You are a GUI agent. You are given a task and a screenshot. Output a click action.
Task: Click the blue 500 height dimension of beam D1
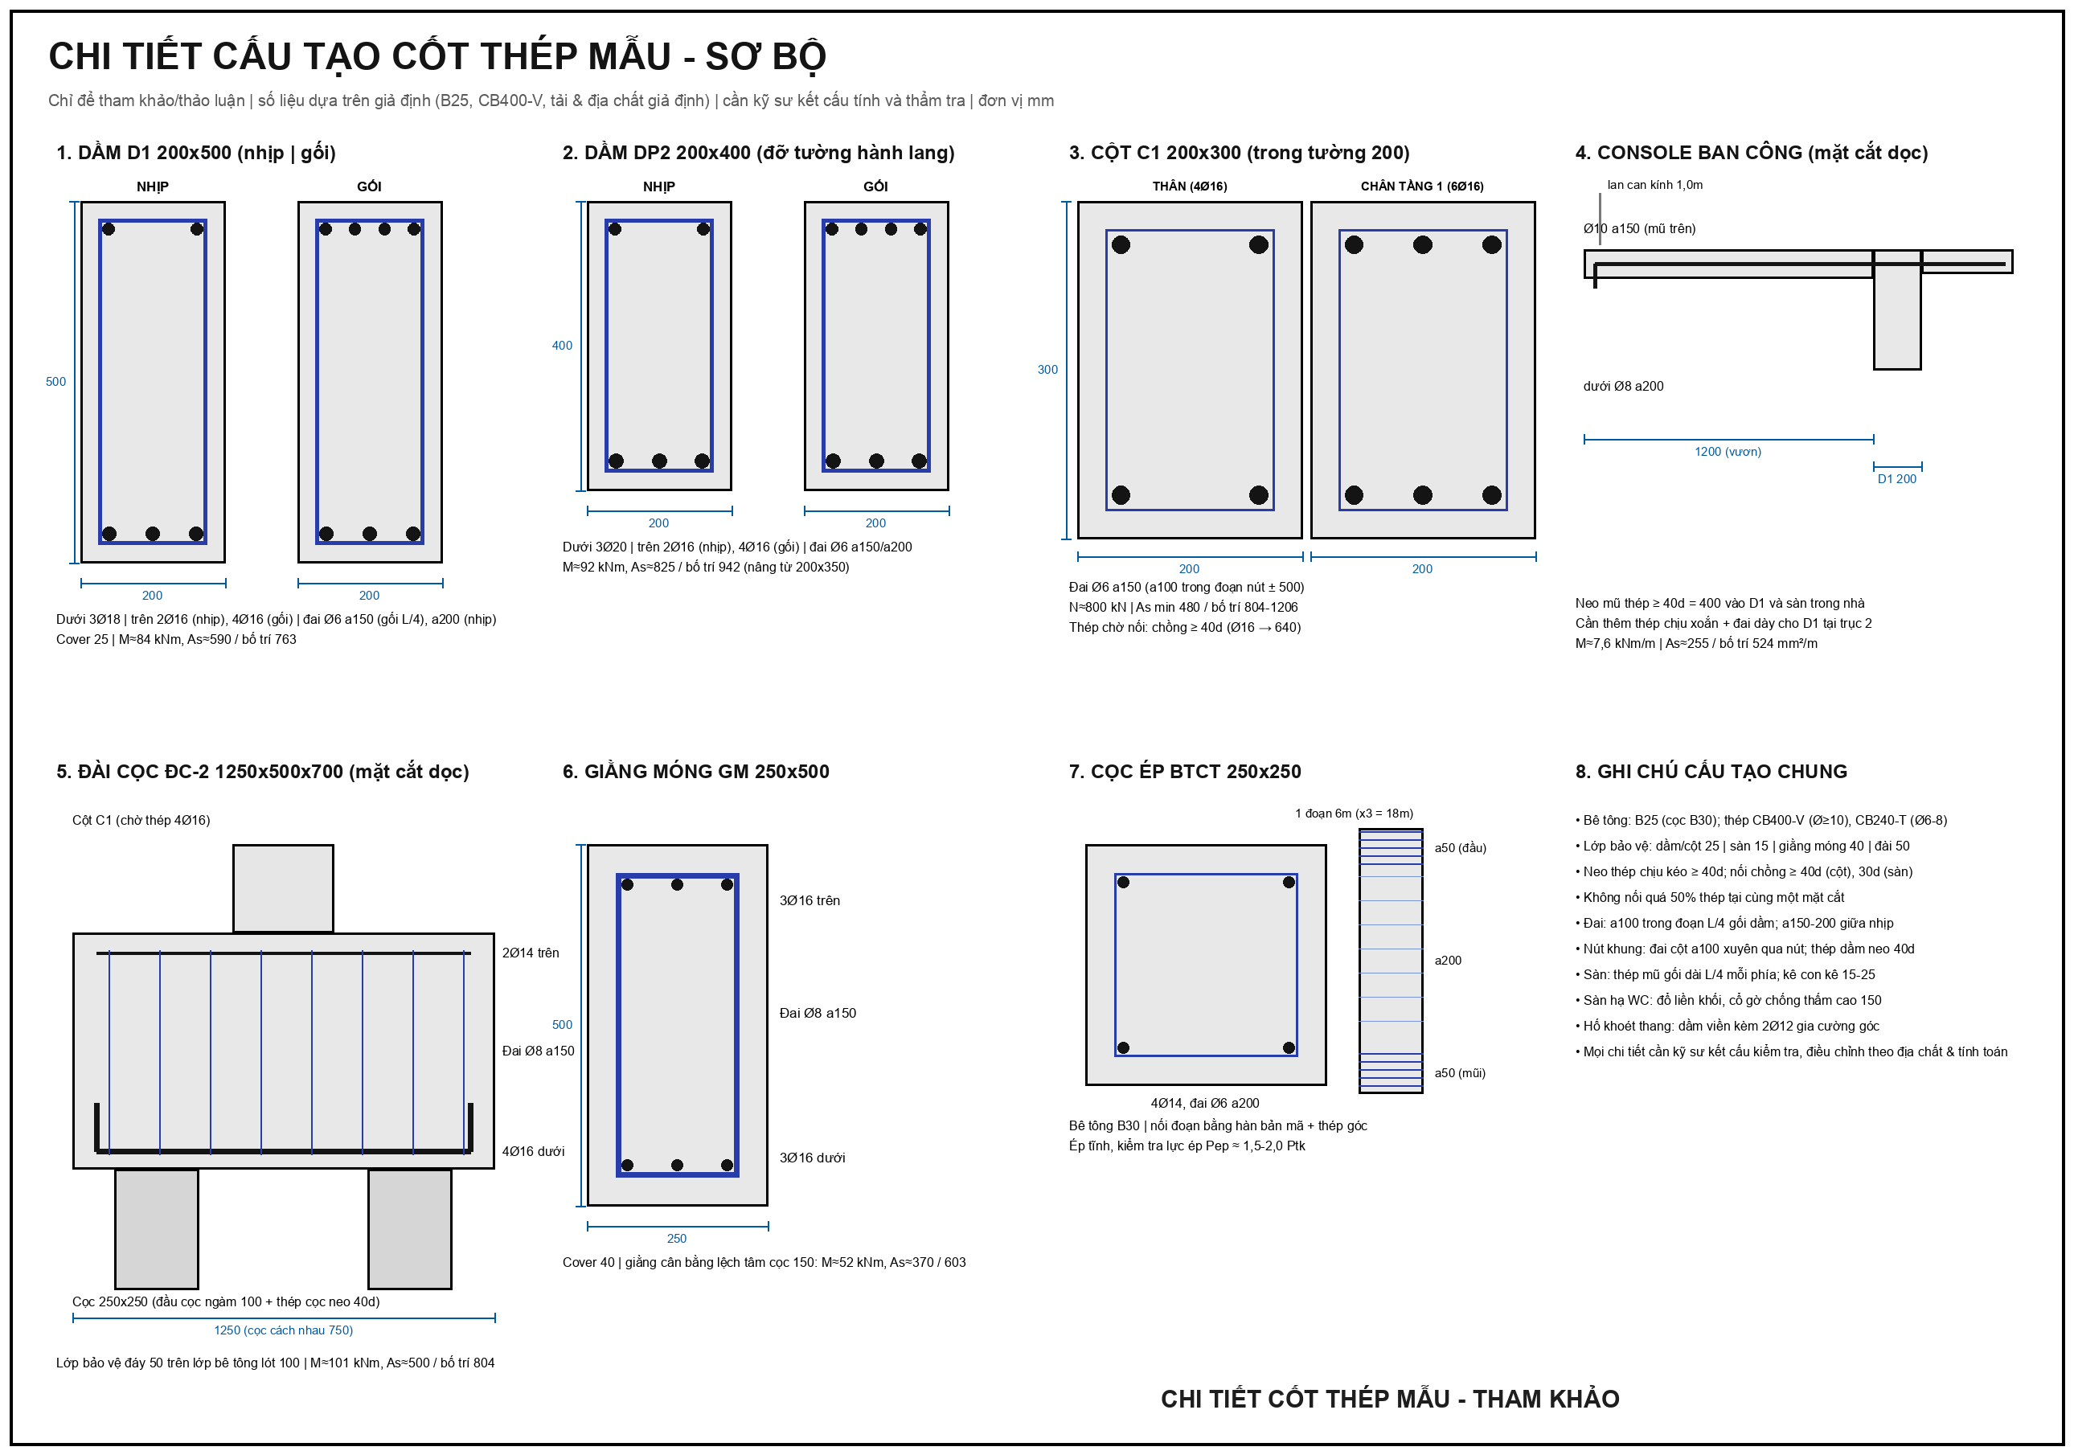pyautogui.click(x=56, y=381)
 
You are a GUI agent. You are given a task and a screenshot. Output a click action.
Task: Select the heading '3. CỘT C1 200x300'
pyautogui.click(x=1154, y=153)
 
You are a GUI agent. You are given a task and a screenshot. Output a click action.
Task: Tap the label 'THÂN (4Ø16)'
pyautogui.click(x=1189, y=186)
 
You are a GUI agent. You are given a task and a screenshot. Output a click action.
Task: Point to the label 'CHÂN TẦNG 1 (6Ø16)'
pyautogui.click(x=1422, y=186)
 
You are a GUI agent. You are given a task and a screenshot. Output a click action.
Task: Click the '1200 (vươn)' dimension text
pyautogui.click(x=1728, y=452)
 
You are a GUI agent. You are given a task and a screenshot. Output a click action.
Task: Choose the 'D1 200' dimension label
pyautogui.click(x=1896, y=478)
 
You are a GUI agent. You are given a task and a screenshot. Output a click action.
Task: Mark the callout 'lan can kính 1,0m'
pyautogui.click(x=1655, y=185)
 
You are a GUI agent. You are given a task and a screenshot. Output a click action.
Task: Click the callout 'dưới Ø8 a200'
pyautogui.click(x=1623, y=387)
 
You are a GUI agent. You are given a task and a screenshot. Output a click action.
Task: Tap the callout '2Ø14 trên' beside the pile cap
pyautogui.click(x=531, y=953)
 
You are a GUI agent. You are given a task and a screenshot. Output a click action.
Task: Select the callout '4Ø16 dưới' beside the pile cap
pyautogui.click(x=533, y=1151)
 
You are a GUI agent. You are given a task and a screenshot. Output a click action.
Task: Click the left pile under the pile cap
pyautogui.click(x=156, y=1228)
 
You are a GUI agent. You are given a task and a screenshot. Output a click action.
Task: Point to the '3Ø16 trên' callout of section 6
pyautogui.click(x=810, y=900)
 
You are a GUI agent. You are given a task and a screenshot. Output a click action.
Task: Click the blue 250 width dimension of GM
pyautogui.click(x=677, y=1238)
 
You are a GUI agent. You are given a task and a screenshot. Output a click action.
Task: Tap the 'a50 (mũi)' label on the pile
pyautogui.click(x=1460, y=1073)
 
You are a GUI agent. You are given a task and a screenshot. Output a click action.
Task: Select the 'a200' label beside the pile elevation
pyautogui.click(x=1448, y=960)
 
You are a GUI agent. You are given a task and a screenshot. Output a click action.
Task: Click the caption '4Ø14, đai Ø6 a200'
pyautogui.click(x=1205, y=1103)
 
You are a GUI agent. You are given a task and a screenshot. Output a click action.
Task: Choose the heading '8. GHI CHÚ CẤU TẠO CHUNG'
pyautogui.click(x=1711, y=771)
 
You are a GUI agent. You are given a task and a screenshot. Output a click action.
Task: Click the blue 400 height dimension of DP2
pyautogui.click(x=562, y=345)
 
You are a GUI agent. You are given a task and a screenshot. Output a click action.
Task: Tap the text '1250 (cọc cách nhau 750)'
pyautogui.click(x=284, y=1330)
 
